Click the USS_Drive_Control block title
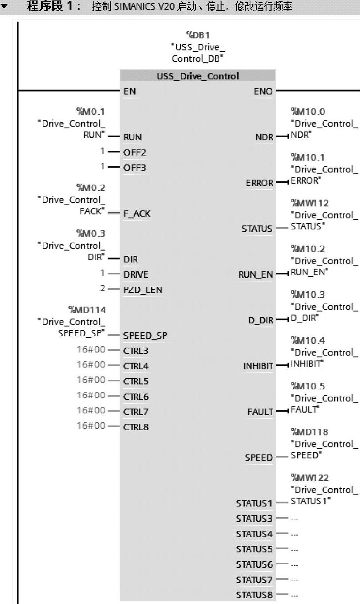pos(198,76)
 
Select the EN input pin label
pos(130,91)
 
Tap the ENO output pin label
pos(263,91)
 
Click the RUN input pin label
pos(132,137)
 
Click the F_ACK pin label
pos(137,214)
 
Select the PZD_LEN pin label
pos(142,290)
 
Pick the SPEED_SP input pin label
pos(145,336)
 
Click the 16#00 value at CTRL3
pos(91,349)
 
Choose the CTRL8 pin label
pos(136,427)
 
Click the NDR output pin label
pos(264,137)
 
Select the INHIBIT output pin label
pos(258,366)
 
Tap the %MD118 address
pos(310,432)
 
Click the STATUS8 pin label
pos(254,594)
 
